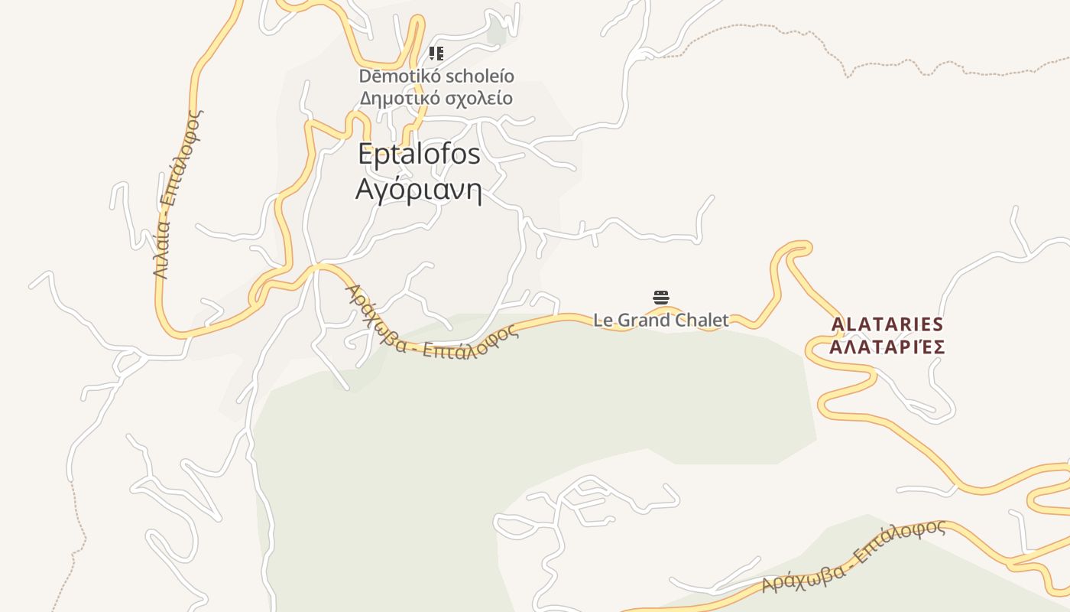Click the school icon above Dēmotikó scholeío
point(436,54)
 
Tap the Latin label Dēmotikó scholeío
point(436,76)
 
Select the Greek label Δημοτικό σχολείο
point(436,99)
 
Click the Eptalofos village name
point(419,155)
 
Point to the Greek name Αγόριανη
point(419,189)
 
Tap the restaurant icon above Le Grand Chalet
point(661,298)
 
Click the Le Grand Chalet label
point(661,321)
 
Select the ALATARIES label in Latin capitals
point(887,324)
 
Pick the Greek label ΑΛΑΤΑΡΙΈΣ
point(887,347)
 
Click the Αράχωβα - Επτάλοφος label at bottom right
point(854,557)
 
